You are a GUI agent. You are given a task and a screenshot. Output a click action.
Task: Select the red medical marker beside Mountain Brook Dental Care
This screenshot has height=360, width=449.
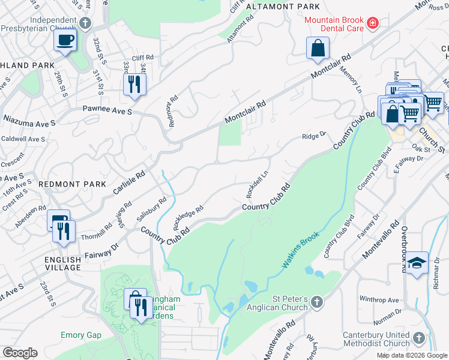(373, 23)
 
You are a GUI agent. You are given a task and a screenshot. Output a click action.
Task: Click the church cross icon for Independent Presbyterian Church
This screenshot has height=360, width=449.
(85, 23)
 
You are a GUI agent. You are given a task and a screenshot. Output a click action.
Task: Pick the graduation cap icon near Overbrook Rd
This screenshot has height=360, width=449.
(417, 262)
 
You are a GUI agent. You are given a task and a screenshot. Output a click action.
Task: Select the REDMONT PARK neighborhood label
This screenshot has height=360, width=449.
(72, 184)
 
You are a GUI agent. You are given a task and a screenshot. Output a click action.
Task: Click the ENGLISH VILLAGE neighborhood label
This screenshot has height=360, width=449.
(62, 264)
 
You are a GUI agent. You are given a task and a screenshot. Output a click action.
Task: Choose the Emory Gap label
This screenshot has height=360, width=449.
(80, 335)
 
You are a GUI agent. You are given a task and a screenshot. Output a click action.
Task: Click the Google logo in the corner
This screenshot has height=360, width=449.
(20, 353)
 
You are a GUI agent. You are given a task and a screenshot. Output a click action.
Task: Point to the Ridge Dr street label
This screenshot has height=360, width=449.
(313, 136)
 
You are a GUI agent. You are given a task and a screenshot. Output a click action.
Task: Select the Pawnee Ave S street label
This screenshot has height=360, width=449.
(107, 111)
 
